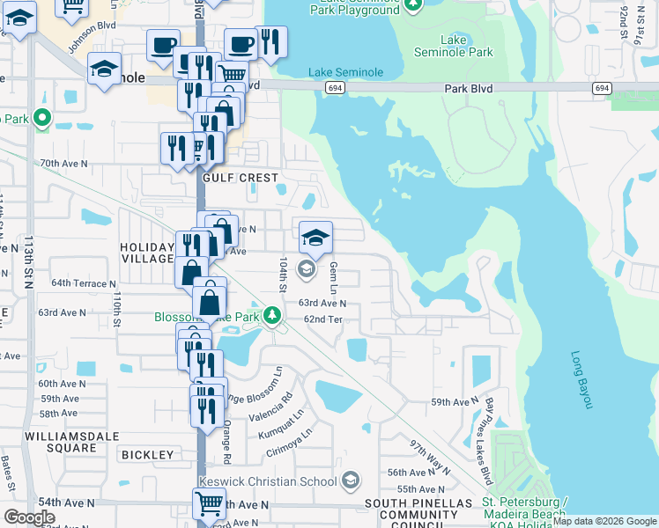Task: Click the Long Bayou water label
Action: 582,380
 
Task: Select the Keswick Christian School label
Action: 269,480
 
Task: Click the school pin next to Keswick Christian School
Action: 351,480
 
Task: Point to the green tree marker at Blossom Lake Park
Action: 273,315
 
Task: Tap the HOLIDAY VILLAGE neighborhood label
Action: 148,252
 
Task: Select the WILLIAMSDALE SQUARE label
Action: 61,442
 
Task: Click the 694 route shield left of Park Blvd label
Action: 332,88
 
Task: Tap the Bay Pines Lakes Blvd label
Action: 486,441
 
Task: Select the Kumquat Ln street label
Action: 281,422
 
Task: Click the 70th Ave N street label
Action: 64,164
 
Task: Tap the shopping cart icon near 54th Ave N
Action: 208,504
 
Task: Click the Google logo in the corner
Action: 29,517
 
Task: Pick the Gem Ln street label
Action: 333,277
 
